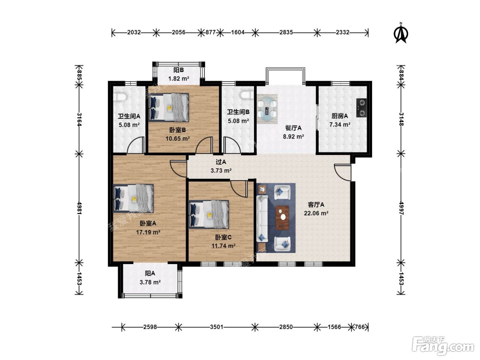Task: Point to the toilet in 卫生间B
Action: [246, 95]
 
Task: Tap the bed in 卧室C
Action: [209, 214]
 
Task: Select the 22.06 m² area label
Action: [316, 213]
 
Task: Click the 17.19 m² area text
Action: [148, 232]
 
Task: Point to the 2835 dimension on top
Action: [286, 32]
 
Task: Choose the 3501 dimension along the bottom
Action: [216, 327]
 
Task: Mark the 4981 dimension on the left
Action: [79, 208]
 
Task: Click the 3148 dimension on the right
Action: [401, 119]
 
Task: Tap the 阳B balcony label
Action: [178, 70]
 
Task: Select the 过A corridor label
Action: [221, 162]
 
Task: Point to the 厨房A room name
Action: [340, 116]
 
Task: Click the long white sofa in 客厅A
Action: [262, 219]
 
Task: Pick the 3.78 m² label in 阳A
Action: [150, 282]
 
